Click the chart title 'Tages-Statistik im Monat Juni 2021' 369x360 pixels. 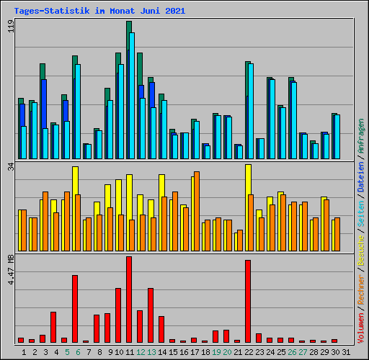(x=99, y=11)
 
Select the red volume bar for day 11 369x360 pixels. (x=129, y=299)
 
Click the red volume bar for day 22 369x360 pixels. (x=248, y=301)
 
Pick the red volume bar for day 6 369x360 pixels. (x=75, y=308)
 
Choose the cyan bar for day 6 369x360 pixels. (x=78, y=111)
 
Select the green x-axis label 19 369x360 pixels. (x=215, y=351)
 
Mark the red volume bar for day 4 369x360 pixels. (x=53, y=327)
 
